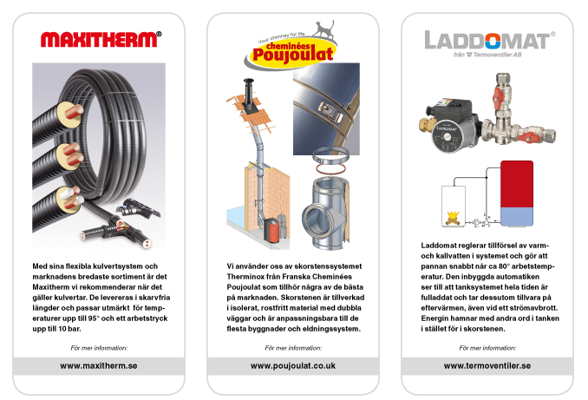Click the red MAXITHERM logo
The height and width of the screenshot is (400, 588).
[100, 38]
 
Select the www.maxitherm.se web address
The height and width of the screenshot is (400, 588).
[99, 365]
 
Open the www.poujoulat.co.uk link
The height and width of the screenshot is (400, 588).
[293, 365]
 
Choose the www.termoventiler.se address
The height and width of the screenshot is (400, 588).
[487, 365]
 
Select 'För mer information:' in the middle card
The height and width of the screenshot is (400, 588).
[293, 347]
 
